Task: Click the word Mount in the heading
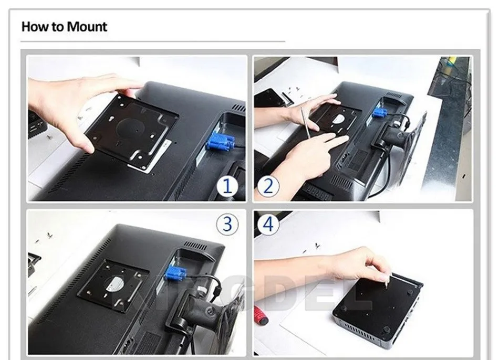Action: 87,26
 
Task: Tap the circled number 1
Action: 227,186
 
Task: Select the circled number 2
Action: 268,186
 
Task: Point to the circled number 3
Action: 227,224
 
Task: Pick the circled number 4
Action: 268,224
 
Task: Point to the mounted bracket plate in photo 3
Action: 113,285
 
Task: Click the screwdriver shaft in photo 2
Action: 305,123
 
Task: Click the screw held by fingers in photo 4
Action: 387,282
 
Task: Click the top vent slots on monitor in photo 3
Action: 195,246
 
